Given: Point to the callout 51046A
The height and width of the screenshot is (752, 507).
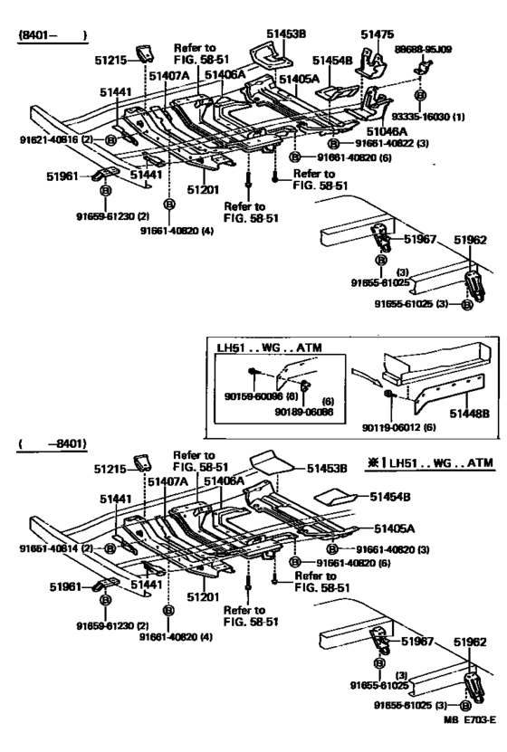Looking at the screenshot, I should click(388, 132).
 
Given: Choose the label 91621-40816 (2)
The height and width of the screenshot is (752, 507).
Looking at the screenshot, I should click(52, 140).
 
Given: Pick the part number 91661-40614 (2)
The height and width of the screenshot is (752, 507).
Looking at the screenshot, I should click(52, 548).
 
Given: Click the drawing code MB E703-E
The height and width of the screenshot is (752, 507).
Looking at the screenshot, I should click(469, 744).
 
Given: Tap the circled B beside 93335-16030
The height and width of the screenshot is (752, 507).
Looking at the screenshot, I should click(420, 95).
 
